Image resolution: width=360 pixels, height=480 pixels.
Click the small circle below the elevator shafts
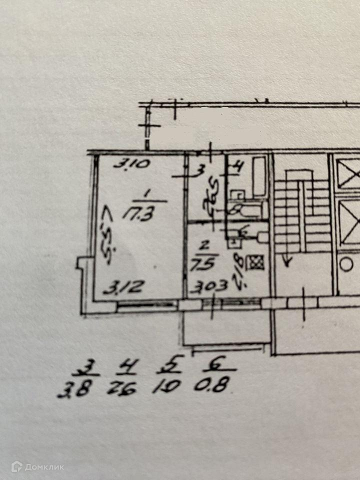(346, 263)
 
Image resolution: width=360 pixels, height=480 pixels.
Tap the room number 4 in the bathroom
(238, 168)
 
